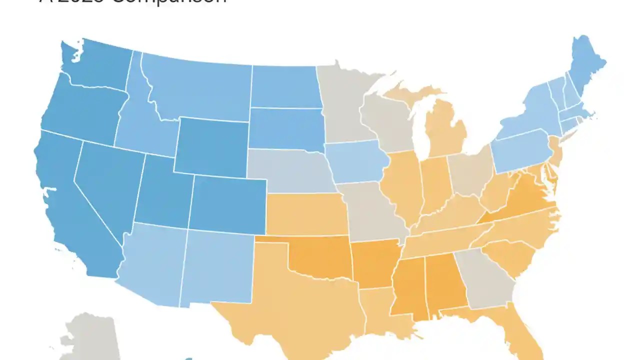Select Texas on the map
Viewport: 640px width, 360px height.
[x=295, y=300]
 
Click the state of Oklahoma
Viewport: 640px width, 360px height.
[x=320, y=260]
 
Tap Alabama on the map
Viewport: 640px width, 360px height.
[x=445, y=282]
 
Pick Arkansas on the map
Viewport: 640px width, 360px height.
[x=372, y=262]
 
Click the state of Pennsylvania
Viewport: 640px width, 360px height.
[x=520, y=150]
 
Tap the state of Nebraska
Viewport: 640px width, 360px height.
[x=290, y=170]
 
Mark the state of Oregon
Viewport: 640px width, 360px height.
[x=80, y=110]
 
